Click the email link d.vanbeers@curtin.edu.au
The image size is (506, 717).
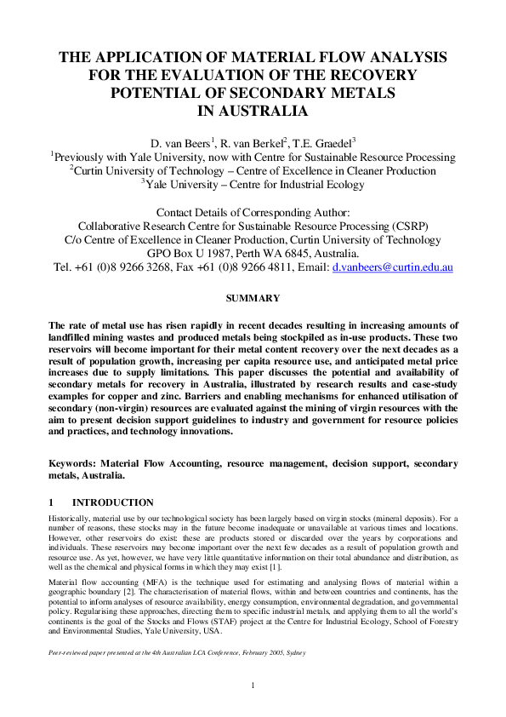[392, 267]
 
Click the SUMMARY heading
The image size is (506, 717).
[253, 298]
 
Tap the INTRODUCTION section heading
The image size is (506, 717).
[113, 502]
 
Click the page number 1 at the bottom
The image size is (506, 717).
[253, 686]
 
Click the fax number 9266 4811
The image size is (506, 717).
[276, 267]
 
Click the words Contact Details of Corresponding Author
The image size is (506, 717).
[253, 212]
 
